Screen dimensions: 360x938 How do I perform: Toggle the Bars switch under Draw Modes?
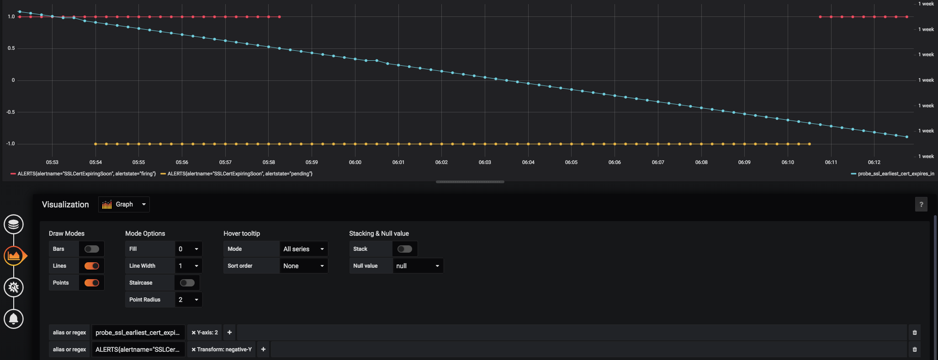point(91,249)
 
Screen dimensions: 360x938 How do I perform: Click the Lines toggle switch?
point(91,266)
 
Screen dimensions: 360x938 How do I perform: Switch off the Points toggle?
point(91,283)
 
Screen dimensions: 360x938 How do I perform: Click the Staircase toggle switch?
point(187,283)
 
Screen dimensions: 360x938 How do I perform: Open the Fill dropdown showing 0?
point(188,249)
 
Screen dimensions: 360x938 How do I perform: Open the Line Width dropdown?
point(188,266)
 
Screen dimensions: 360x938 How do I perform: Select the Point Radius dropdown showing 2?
point(188,300)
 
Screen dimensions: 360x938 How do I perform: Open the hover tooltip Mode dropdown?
point(303,249)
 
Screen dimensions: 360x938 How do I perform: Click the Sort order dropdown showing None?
point(303,266)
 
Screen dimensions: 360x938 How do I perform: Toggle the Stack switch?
point(404,249)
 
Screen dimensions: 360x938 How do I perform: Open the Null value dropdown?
point(418,266)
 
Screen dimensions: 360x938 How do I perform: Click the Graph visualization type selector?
point(124,204)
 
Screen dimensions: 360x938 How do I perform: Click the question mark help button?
point(921,205)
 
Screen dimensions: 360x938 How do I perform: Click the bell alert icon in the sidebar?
point(14,318)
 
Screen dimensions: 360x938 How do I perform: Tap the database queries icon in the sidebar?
point(14,224)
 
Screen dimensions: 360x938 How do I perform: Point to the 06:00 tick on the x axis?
point(355,162)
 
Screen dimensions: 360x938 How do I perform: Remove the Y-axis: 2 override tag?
point(194,333)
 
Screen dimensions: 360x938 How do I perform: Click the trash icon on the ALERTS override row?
point(914,349)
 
